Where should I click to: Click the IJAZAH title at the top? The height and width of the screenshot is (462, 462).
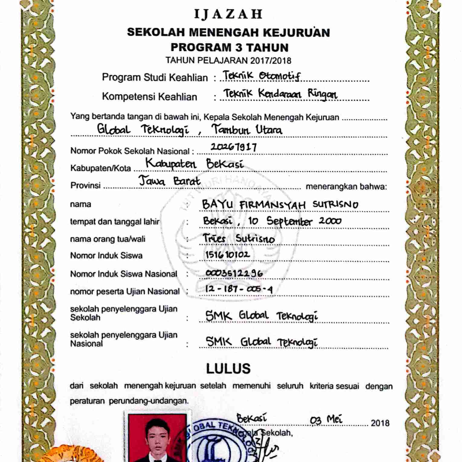(x=228, y=14)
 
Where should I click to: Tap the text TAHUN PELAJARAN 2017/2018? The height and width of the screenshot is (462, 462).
(x=228, y=60)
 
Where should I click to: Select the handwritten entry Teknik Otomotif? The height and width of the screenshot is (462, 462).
(x=261, y=76)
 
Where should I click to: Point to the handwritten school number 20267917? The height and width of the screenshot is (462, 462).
(x=234, y=147)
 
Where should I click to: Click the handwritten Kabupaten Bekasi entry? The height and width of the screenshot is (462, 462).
(x=194, y=164)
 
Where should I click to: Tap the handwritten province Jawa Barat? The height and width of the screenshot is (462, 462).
(x=170, y=181)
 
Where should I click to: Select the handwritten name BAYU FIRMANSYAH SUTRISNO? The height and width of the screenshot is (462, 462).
(x=280, y=205)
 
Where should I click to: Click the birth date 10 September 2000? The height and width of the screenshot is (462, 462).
(x=295, y=221)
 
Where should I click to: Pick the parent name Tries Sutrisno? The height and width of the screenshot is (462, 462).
(x=239, y=238)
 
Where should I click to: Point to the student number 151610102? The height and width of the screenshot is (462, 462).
(x=228, y=255)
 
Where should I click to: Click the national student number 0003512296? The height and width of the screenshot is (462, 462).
(x=234, y=273)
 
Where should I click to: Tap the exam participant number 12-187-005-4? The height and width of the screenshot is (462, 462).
(x=239, y=289)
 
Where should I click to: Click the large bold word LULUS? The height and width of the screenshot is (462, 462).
(x=228, y=369)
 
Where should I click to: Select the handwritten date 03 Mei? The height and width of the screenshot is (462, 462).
(x=326, y=420)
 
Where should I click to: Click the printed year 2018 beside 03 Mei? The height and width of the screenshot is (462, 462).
(x=380, y=423)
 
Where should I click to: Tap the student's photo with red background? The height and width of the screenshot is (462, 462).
(x=157, y=438)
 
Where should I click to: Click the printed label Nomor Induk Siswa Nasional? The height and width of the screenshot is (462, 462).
(x=124, y=274)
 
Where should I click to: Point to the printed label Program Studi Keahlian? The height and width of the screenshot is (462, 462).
(x=155, y=77)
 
